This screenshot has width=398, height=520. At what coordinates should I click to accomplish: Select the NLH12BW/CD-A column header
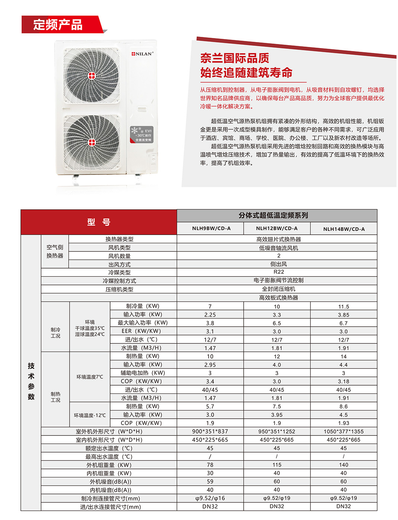[277, 228]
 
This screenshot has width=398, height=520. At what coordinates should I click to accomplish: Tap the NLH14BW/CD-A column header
[344, 229]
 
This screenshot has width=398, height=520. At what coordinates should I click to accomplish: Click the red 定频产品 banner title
[58, 25]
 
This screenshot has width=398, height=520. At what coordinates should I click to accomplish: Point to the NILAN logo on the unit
[142, 54]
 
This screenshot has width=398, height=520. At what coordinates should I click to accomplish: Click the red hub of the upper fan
[92, 76]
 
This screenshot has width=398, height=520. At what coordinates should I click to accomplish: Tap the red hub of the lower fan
[92, 142]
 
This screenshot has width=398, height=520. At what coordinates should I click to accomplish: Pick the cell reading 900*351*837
[210, 431]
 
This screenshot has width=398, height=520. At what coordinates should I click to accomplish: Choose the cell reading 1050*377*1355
[344, 431]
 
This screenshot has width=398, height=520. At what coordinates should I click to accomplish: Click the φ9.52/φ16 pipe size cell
[210, 498]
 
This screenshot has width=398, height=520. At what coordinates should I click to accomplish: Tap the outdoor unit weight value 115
[277, 465]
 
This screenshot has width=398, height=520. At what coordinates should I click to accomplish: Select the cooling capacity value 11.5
[344, 307]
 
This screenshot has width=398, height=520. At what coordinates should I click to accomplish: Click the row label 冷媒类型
[119, 272]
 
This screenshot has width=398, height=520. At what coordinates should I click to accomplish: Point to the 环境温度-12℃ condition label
[90, 415]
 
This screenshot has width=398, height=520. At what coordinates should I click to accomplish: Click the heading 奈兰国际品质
[235, 58]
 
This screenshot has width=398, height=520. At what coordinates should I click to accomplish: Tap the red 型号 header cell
[99, 222]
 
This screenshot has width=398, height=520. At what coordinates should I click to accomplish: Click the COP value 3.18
[344, 381]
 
